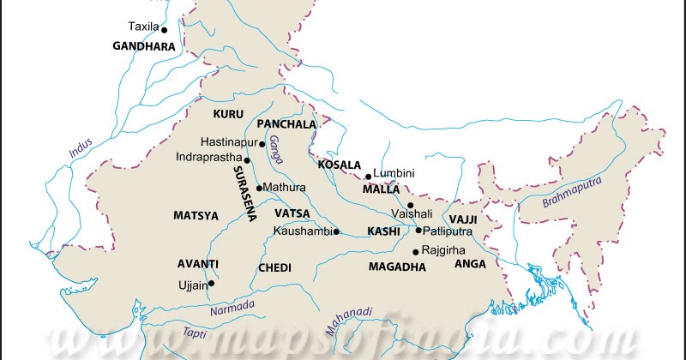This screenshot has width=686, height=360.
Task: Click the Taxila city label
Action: pyautogui.click(x=142, y=27)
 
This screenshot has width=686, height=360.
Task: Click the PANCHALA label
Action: pyautogui.click(x=286, y=124)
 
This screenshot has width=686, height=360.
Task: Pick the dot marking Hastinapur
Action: pyautogui.click(x=262, y=143)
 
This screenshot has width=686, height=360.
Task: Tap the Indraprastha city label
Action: pyautogui.click(x=208, y=158)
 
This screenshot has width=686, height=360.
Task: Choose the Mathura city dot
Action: pyautogui.click(x=259, y=187)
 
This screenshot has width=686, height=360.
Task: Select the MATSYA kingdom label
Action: pyautogui.click(x=196, y=215)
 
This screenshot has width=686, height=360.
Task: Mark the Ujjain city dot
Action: pyautogui.click(x=211, y=283)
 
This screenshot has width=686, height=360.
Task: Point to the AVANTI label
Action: pyautogui.click(x=198, y=263)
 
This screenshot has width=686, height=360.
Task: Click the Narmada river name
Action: pyautogui.click(x=232, y=303)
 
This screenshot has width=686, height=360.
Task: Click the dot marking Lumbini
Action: pyautogui.click(x=368, y=177)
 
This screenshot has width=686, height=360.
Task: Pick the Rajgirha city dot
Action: pyautogui.click(x=415, y=251)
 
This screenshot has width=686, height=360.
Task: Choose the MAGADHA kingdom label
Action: pyautogui.click(x=397, y=267)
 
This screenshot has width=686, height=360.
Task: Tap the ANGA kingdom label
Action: pyautogui.click(x=471, y=263)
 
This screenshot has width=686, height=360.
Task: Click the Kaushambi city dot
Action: pyautogui.click(x=336, y=231)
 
